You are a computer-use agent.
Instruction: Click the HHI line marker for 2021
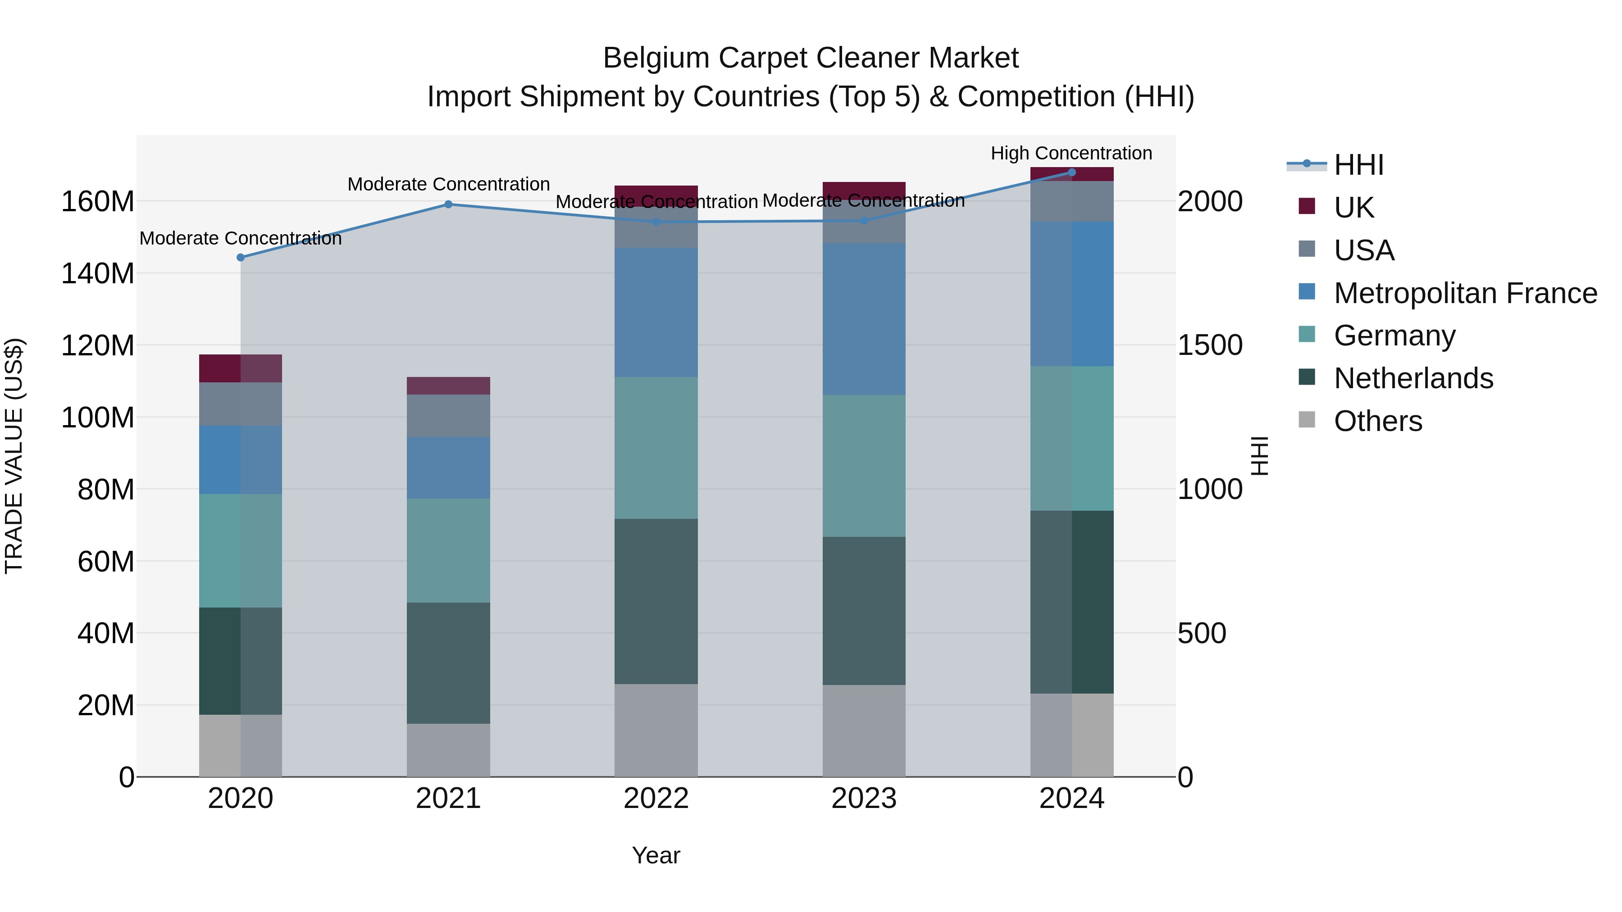448,204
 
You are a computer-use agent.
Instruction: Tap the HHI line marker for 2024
1072,172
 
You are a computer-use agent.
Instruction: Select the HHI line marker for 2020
241,258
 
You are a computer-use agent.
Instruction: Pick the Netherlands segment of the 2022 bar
656,601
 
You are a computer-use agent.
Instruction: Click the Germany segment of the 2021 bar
448,551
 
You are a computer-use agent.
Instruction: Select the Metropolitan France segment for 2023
864,319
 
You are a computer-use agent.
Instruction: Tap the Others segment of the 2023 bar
864,731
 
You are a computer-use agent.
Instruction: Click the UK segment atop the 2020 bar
241,368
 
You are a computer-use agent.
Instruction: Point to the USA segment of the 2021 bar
448,415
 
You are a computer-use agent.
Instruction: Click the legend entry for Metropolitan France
1465,293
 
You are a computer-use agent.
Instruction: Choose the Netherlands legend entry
1413,378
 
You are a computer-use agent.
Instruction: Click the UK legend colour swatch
1307,206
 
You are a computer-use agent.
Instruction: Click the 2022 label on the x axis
656,799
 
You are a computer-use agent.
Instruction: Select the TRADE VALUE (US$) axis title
14,456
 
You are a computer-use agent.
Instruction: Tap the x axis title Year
656,855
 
